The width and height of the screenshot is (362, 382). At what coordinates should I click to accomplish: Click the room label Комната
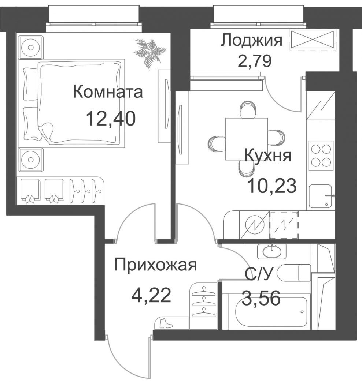[108, 92]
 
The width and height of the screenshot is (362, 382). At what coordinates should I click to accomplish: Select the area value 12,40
[111, 118]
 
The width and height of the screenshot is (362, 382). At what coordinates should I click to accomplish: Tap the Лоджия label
[251, 41]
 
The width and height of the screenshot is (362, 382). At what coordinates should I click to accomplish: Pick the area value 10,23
[272, 186]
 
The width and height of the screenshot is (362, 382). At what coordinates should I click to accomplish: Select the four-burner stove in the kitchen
[321, 155]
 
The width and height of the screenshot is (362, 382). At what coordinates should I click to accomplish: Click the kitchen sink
[321, 196]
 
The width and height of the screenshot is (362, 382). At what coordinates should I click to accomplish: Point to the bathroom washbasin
[271, 251]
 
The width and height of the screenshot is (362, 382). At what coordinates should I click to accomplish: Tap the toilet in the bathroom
[294, 272]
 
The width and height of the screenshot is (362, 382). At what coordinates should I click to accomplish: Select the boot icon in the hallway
[166, 323]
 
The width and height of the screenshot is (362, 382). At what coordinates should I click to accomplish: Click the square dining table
[246, 139]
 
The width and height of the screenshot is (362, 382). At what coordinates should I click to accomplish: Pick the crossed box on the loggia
[313, 40]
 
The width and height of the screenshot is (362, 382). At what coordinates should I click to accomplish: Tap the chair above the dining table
[248, 110]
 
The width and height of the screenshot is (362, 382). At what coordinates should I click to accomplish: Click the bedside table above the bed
[31, 47]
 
